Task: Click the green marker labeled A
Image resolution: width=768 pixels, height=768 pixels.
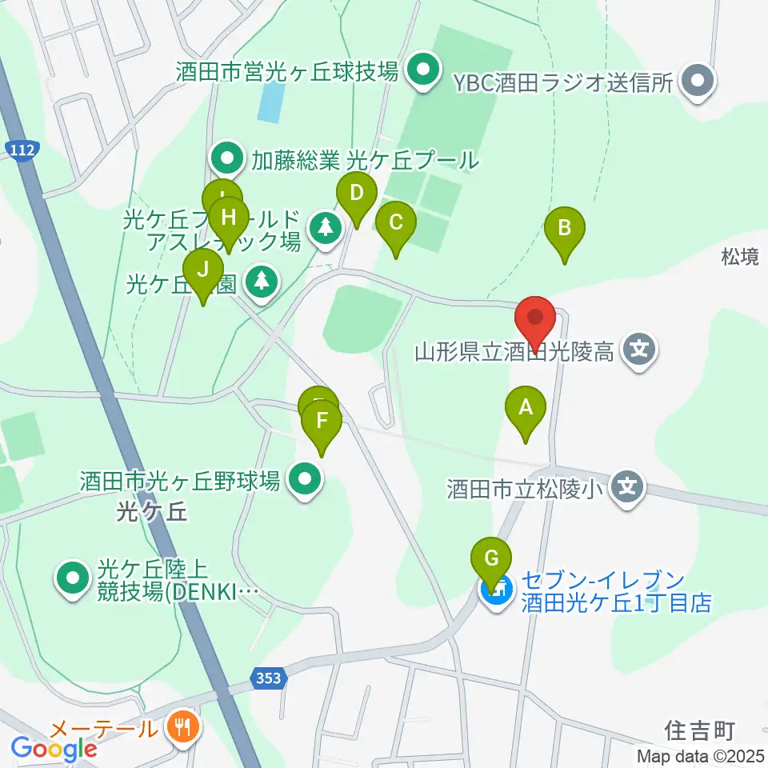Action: pyautogui.click(x=526, y=409)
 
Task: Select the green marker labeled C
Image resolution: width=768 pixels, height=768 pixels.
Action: pyautogui.click(x=395, y=224)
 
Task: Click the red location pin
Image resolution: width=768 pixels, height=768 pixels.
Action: pyautogui.click(x=535, y=319)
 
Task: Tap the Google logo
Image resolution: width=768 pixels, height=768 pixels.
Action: pyautogui.click(x=54, y=750)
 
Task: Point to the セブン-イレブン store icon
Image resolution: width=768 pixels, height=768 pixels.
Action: pyautogui.click(x=497, y=593)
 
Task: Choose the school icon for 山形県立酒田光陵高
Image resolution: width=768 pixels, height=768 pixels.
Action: pyautogui.click(x=640, y=350)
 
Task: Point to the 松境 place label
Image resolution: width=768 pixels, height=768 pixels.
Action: pyautogui.click(x=740, y=257)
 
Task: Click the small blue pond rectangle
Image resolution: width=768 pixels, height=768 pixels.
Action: pyautogui.click(x=272, y=102)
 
